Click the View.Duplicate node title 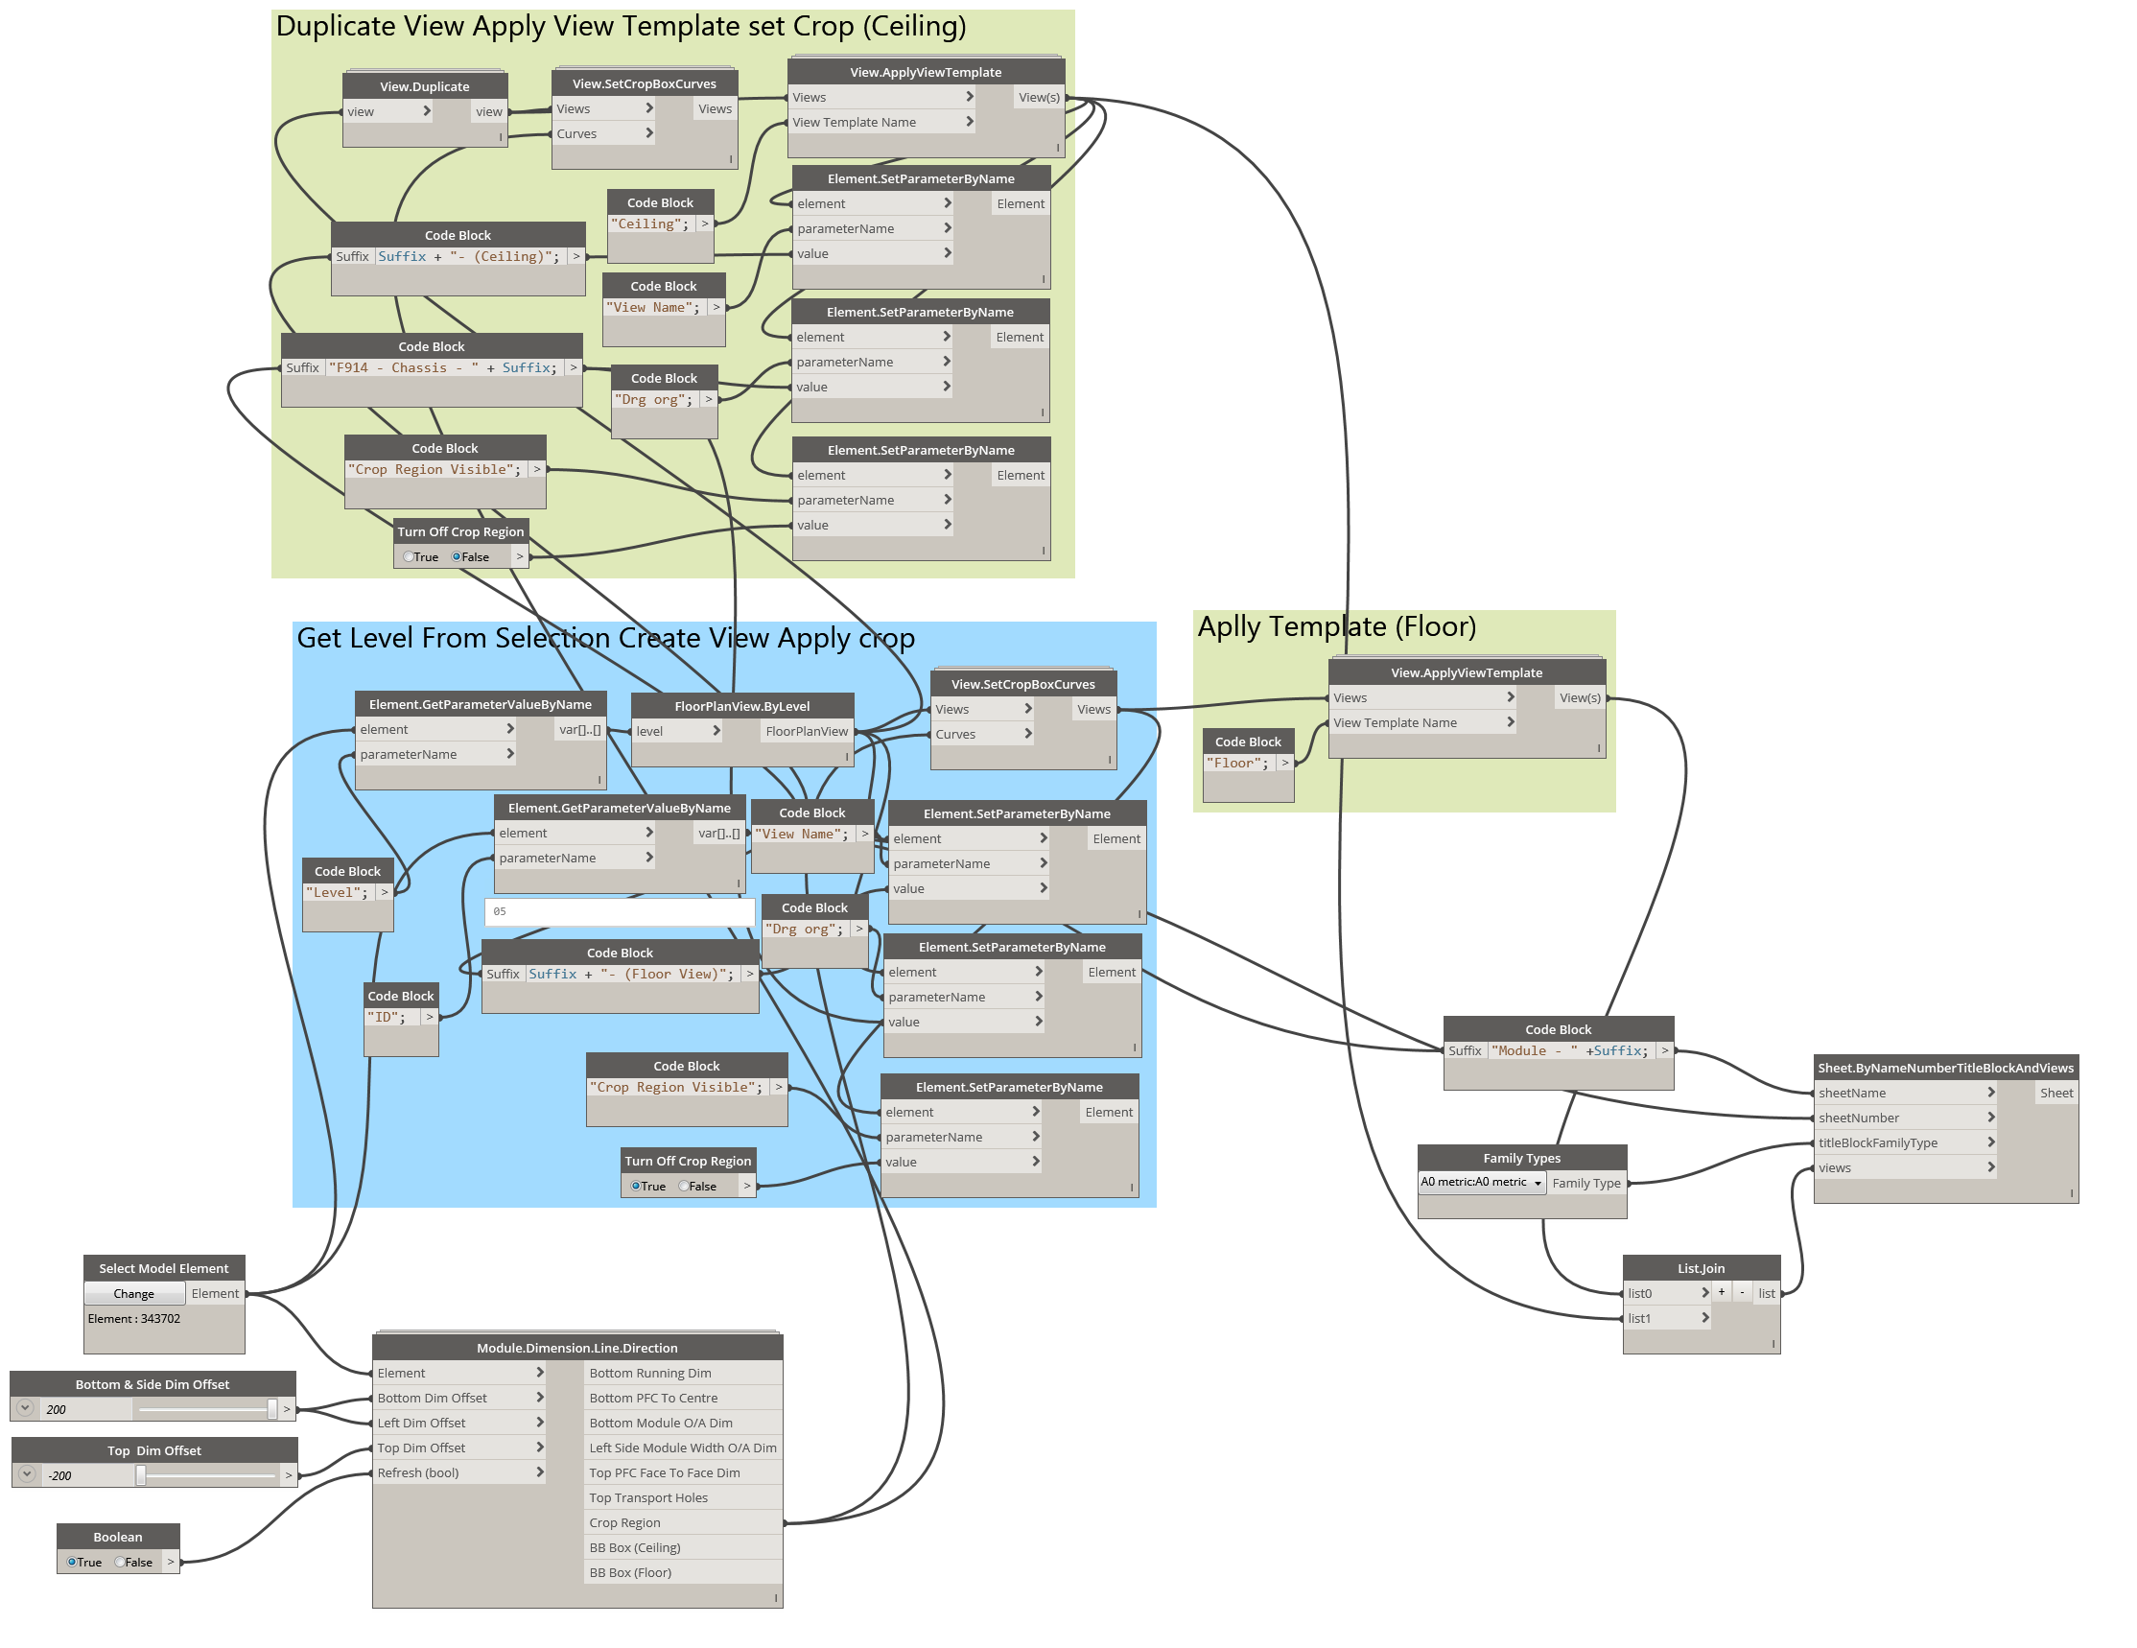click(x=425, y=86)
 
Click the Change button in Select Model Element click(x=134, y=1294)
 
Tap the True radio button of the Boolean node click(x=71, y=1562)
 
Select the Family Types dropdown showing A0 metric click(x=1482, y=1182)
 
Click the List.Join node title click(x=1701, y=1268)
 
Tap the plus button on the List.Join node click(x=1721, y=1293)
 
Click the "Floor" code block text click(x=1237, y=764)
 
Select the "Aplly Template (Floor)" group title click(x=1337, y=626)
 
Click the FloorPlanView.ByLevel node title click(x=741, y=706)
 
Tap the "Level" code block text click(x=337, y=892)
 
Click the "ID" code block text click(x=387, y=1017)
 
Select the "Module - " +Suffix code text click(x=1570, y=1051)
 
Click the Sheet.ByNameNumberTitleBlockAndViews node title click(x=1945, y=1068)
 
